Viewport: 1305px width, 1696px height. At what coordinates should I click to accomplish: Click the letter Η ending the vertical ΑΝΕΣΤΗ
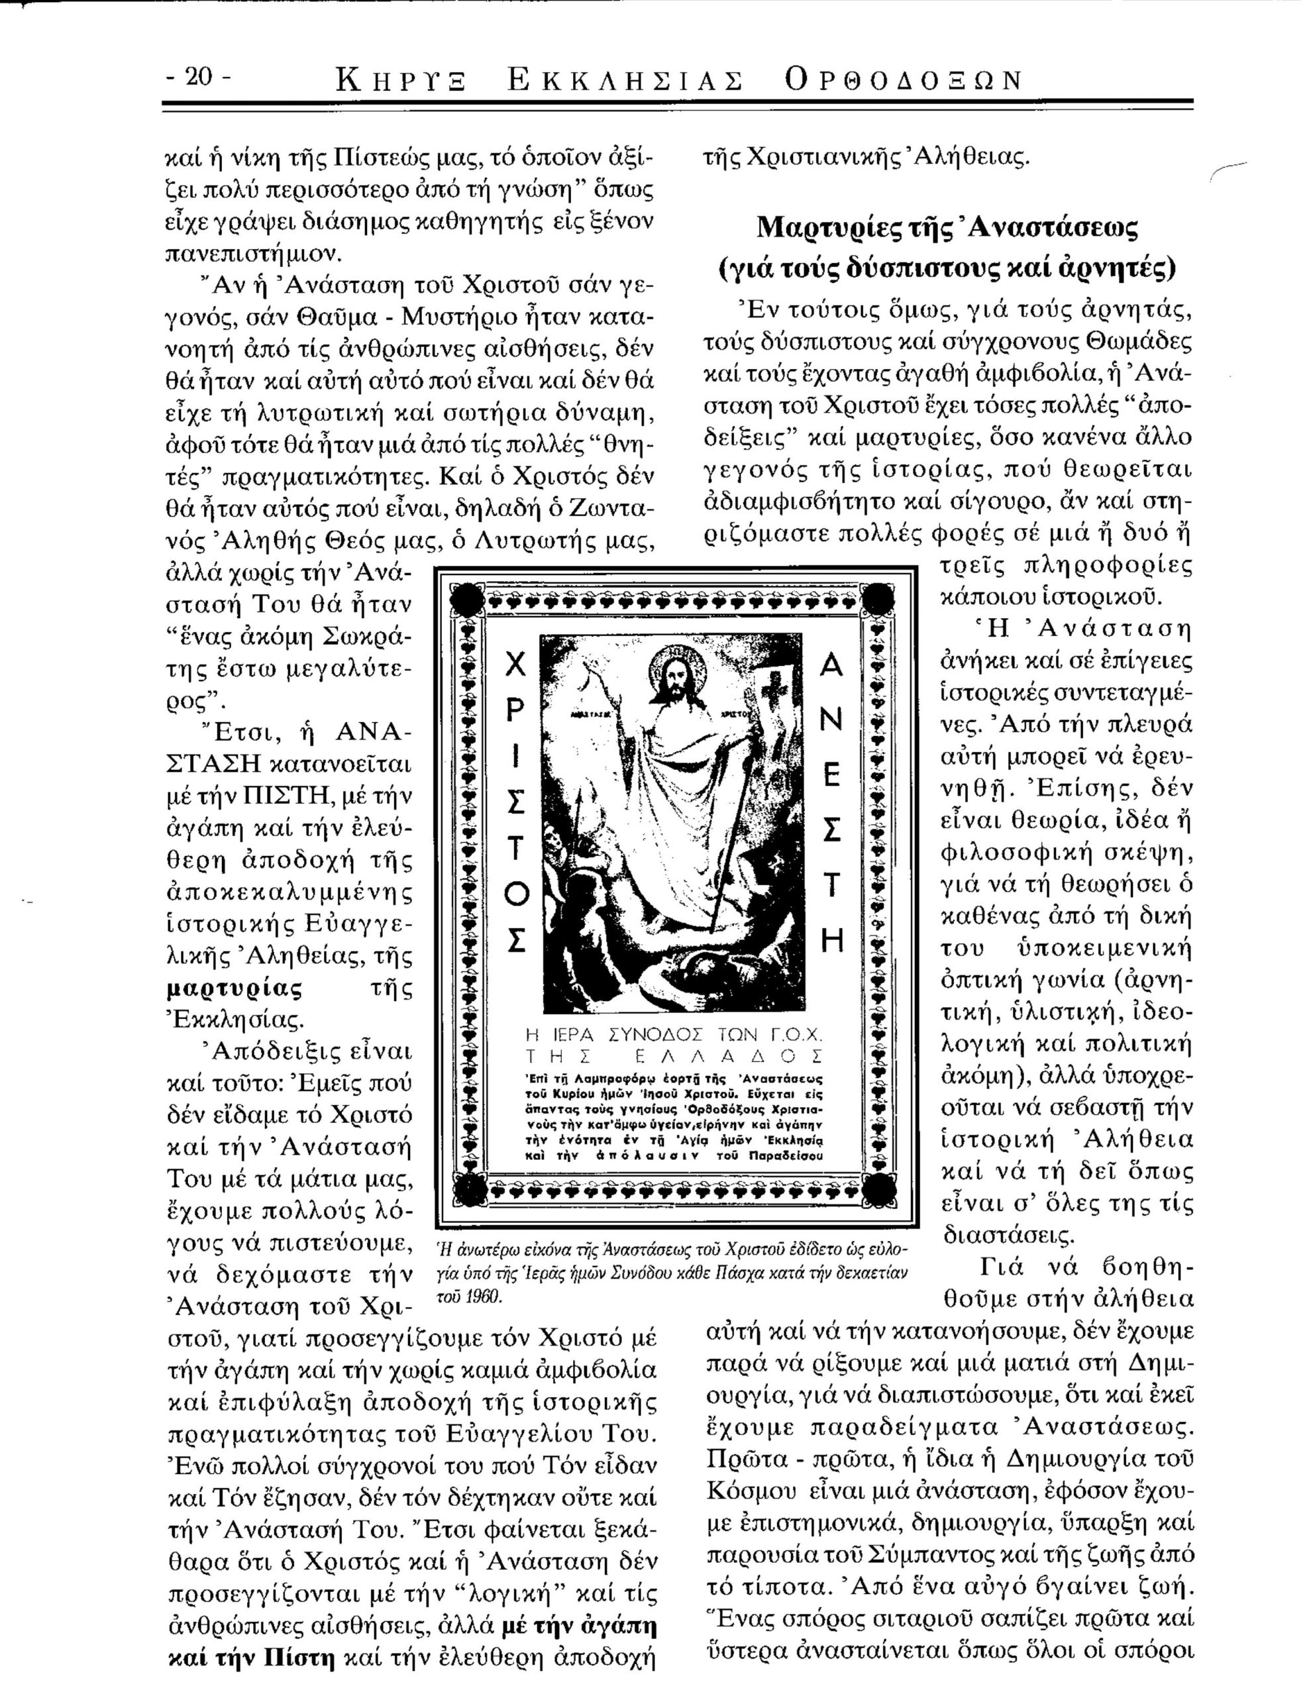[831, 943]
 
